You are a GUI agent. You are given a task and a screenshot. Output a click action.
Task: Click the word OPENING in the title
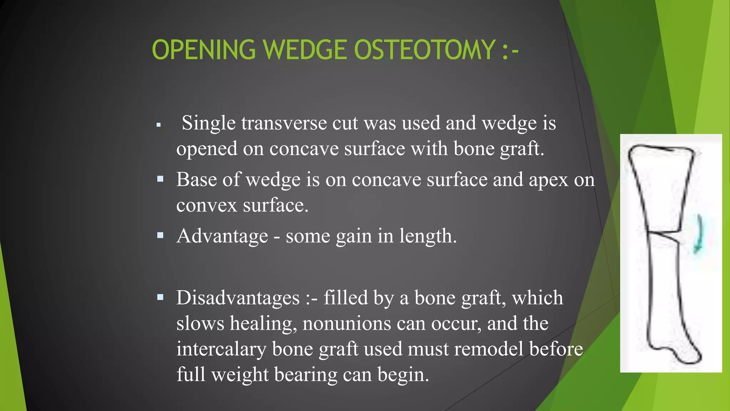(204, 50)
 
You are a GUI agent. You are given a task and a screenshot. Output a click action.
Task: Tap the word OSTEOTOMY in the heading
(425, 50)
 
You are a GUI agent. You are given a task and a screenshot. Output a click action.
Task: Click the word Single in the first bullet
(209, 123)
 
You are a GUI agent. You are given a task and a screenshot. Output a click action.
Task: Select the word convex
(207, 205)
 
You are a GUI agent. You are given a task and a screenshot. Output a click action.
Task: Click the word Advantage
(222, 236)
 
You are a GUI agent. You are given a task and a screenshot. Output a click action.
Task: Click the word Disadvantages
(238, 298)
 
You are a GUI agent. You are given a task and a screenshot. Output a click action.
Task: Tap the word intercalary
(221, 349)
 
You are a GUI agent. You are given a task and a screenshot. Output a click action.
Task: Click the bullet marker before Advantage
(160, 235)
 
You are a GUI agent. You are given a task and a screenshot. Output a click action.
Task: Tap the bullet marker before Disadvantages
(160, 297)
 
